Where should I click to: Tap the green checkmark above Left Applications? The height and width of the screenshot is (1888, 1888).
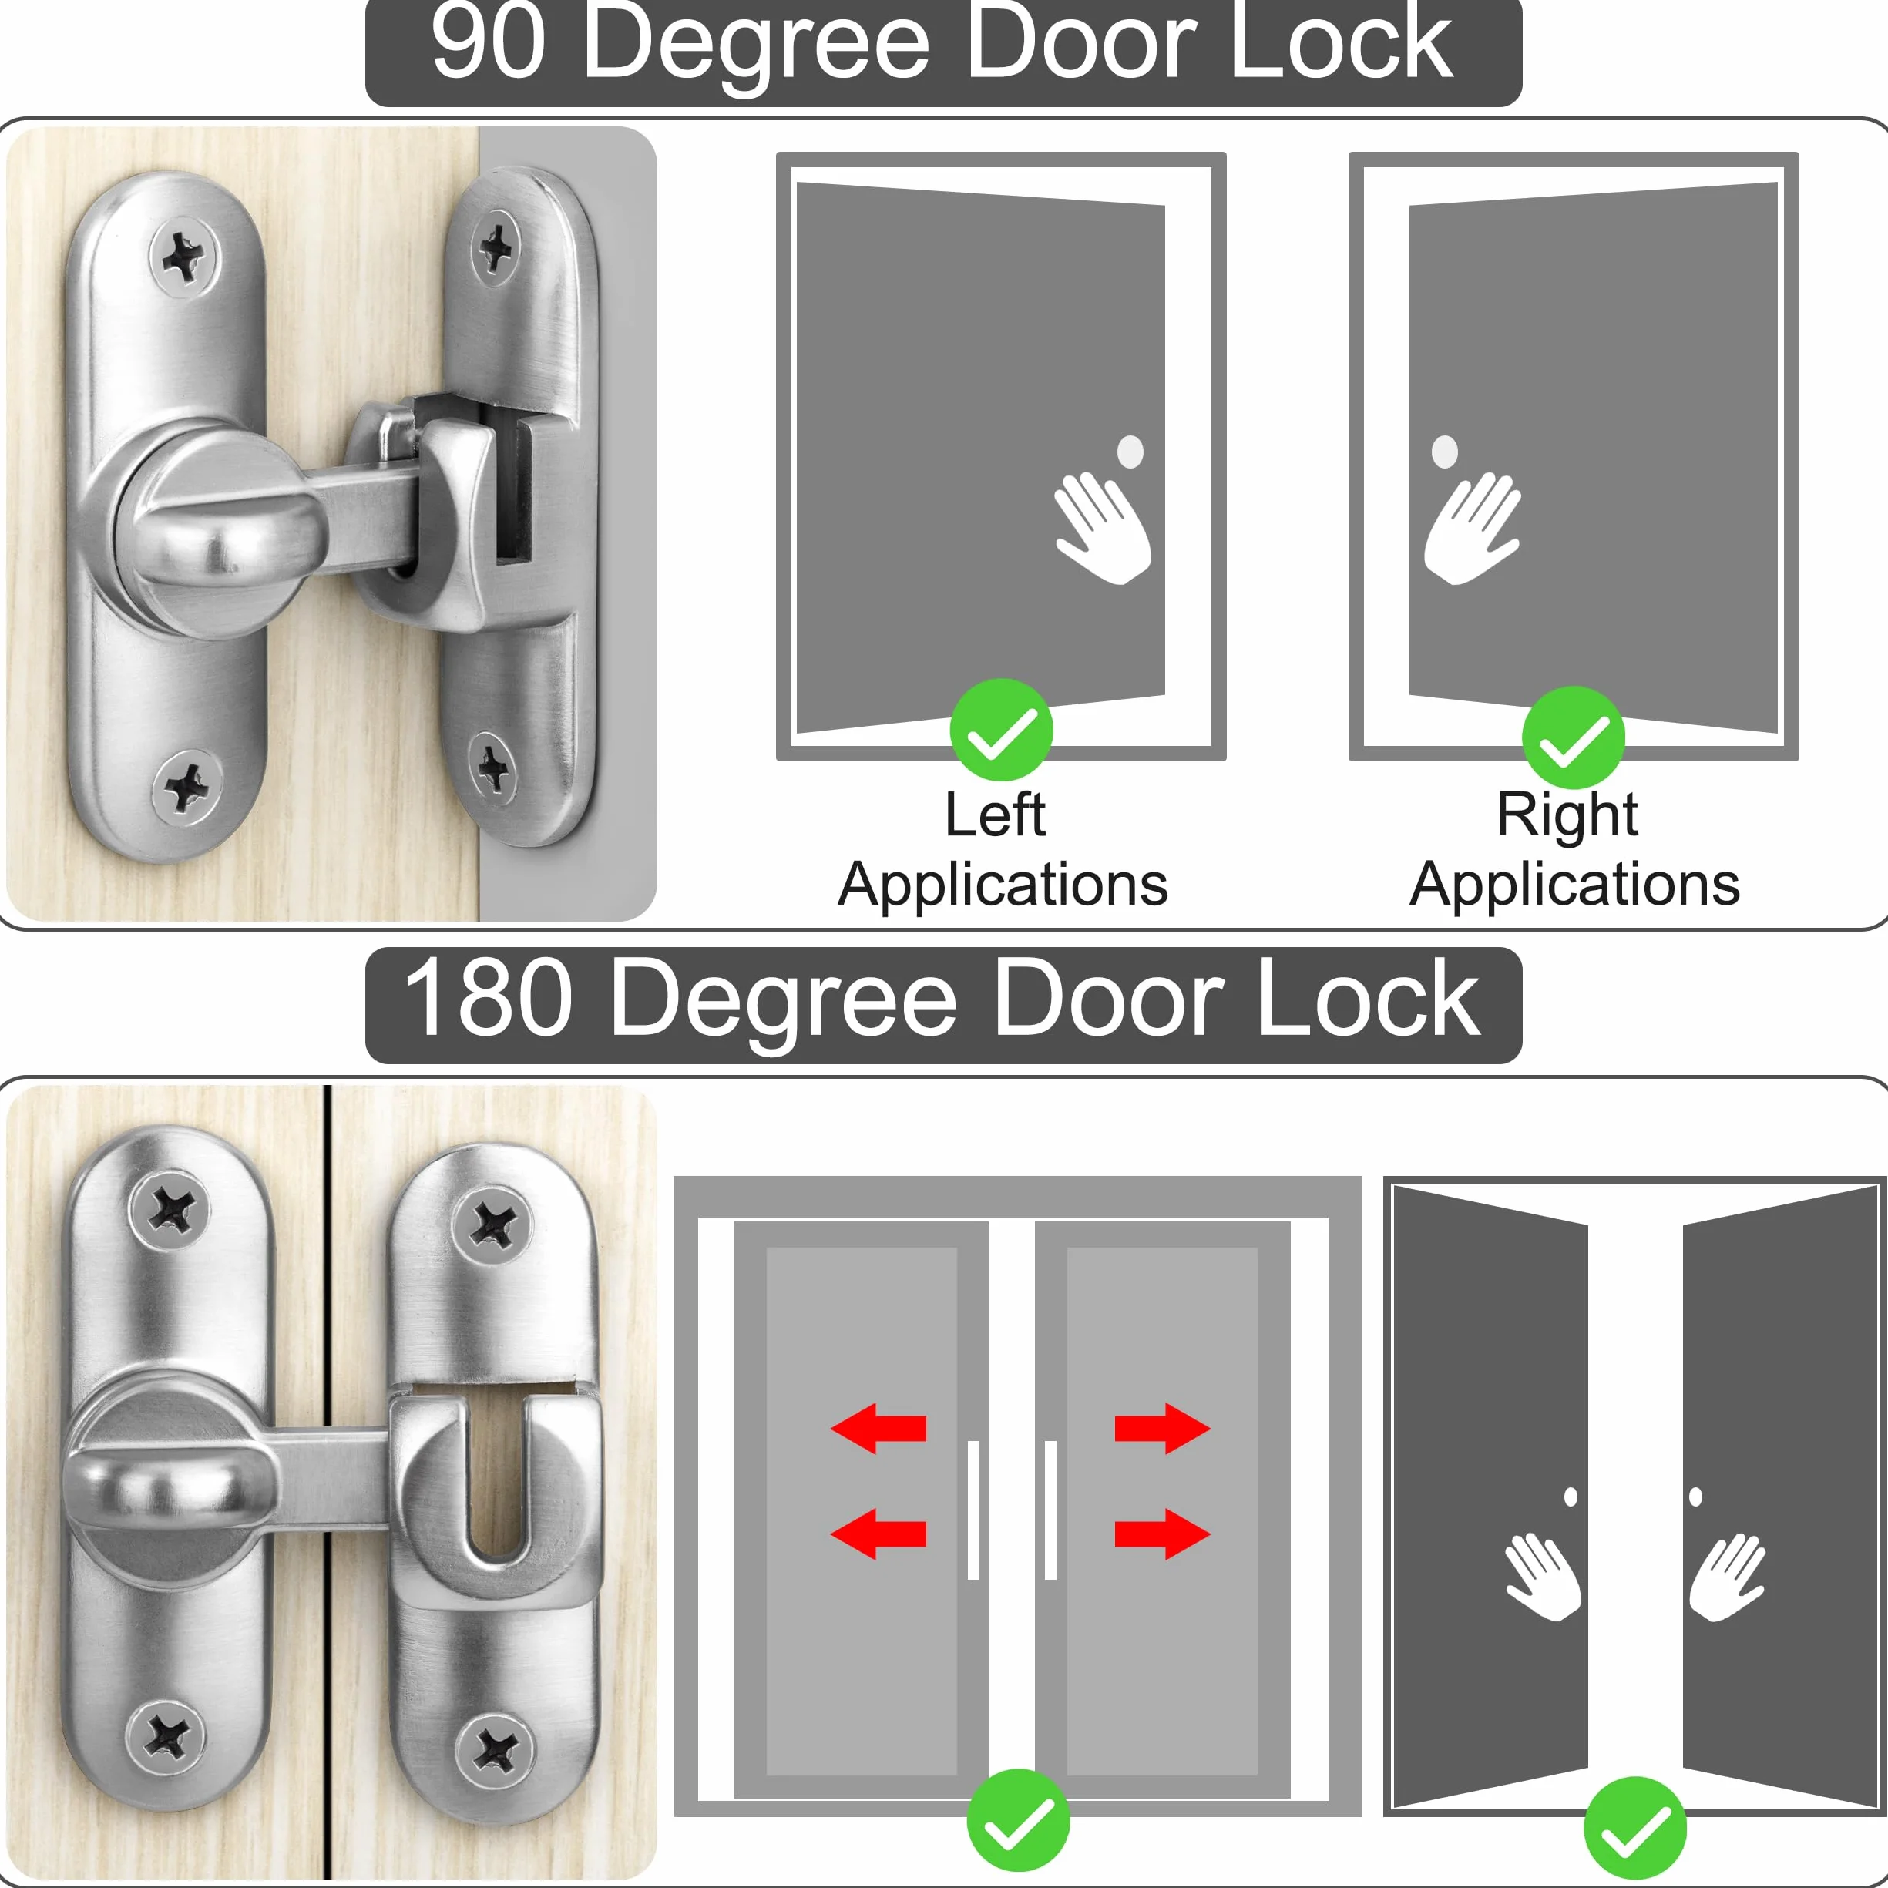pyautogui.click(x=1001, y=729)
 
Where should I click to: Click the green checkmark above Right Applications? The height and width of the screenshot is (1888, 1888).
pyautogui.click(x=1574, y=737)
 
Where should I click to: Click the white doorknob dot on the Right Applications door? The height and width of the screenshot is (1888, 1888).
pyautogui.click(x=1444, y=452)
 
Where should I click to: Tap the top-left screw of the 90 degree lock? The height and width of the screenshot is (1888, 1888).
pyautogui.click(x=183, y=257)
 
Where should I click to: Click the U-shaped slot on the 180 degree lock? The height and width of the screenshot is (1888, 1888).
pyautogui.click(x=499, y=1476)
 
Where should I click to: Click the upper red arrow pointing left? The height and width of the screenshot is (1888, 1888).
pyautogui.click(x=878, y=1429)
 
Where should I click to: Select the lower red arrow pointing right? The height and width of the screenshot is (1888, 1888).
pyautogui.click(x=1163, y=1534)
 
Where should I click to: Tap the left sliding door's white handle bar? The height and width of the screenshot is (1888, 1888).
pyautogui.click(x=973, y=1510)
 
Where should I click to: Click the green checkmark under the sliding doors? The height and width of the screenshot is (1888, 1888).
pyautogui.click(x=1018, y=1819)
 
